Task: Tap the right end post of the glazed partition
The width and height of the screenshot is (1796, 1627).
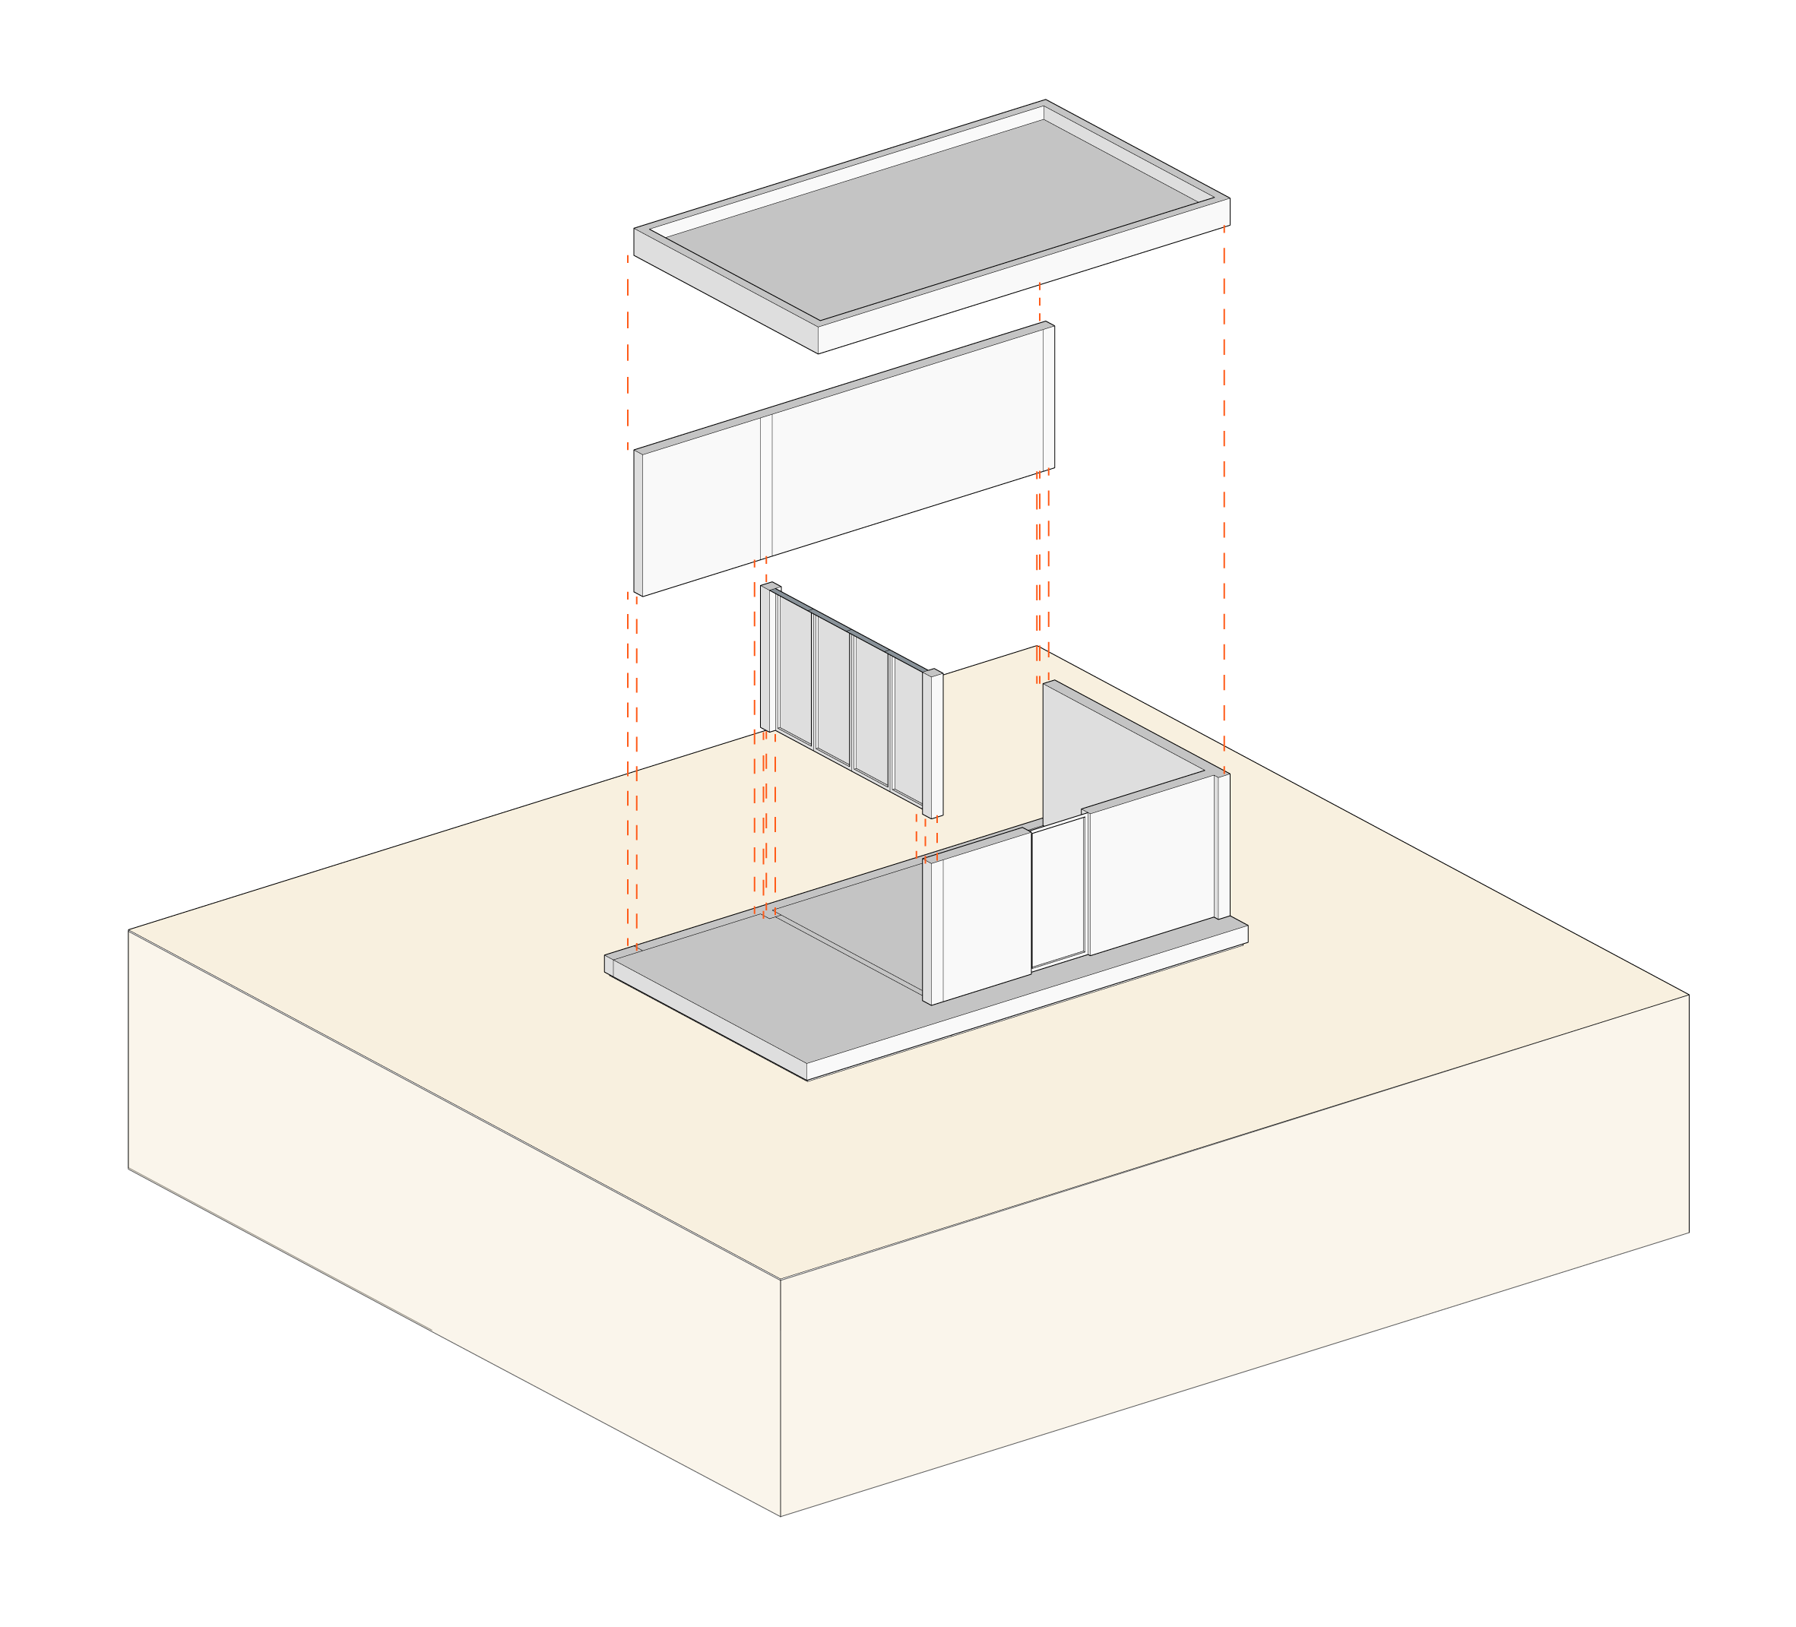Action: [x=933, y=745]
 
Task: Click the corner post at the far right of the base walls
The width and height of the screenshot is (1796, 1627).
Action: [x=1223, y=846]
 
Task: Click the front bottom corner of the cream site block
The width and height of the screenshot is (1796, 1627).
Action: [x=781, y=1515]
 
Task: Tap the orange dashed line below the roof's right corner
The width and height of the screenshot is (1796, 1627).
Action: [x=1224, y=499]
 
